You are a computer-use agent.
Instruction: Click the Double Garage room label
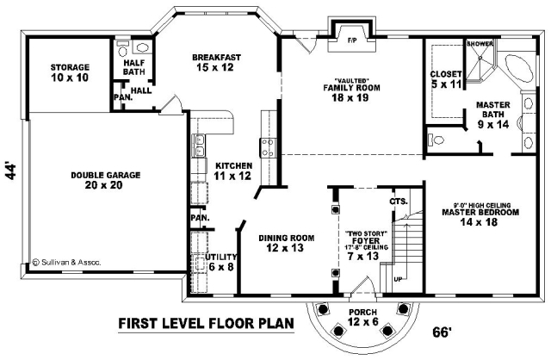coord(105,180)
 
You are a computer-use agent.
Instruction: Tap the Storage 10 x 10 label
coord(70,72)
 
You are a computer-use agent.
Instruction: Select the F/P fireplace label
coord(352,40)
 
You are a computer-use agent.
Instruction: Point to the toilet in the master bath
coord(436,140)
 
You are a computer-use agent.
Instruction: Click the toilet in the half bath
coord(122,48)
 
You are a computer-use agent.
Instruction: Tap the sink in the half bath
coord(143,48)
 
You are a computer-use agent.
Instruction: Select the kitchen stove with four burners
coord(268,147)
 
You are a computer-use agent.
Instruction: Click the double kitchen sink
coord(199,146)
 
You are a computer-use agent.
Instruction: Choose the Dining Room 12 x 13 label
coord(286,243)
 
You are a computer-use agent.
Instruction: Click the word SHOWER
coord(480,44)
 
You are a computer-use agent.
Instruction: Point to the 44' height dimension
coord(11,171)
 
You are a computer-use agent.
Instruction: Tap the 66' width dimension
coord(442,332)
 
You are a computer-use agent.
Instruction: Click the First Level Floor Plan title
coord(206,323)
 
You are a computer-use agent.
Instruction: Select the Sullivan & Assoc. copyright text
coord(67,263)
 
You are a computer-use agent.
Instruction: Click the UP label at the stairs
coord(398,280)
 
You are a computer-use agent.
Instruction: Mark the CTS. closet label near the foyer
coord(399,202)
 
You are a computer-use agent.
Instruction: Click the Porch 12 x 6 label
coord(363,317)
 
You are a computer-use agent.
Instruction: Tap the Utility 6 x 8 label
coord(221,262)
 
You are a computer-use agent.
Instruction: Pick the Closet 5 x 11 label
coord(446,79)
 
